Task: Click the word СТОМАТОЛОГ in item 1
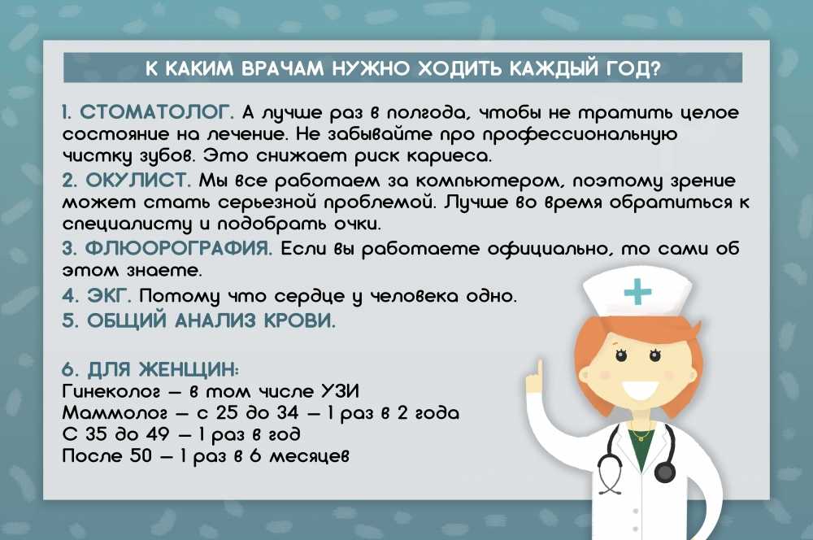[x=156, y=112]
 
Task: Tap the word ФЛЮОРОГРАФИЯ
[x=178, y=248]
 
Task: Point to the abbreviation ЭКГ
[x=108, y=295]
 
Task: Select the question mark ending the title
[x=654, y=68]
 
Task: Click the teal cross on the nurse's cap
[x=637, y=291]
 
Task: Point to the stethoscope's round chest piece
[x=664, y=471]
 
